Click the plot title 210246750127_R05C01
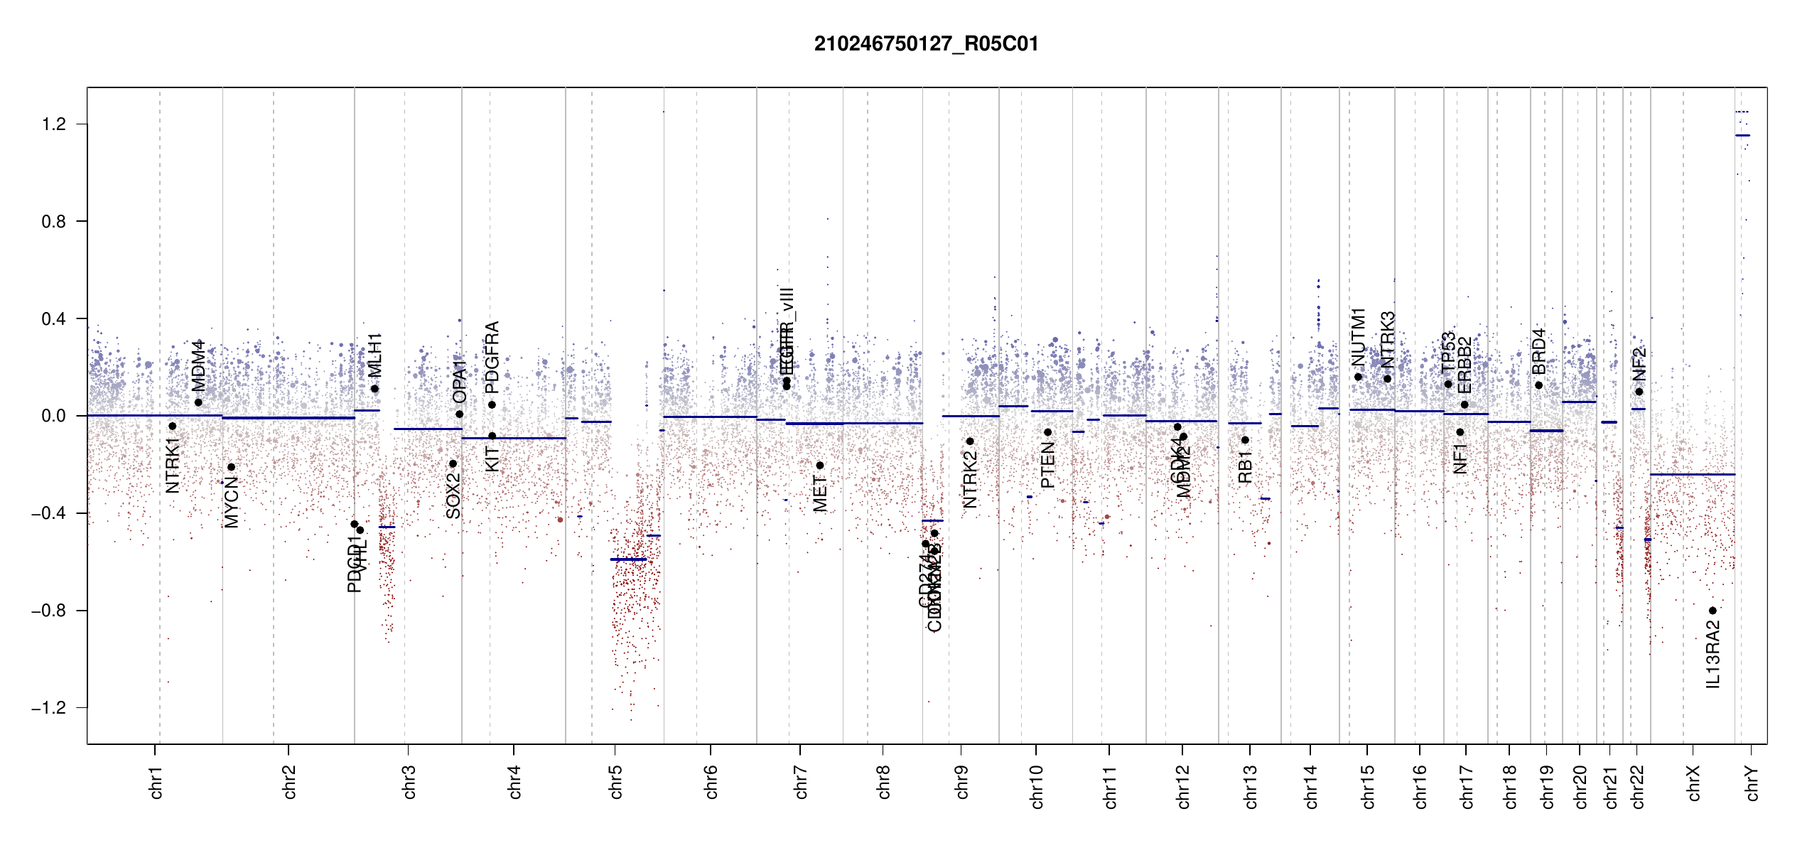[x=926, y=44]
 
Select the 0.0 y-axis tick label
[x=54, y=416]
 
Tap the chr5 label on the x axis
[x=615, y=782]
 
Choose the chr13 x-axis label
[x=1251, y=786]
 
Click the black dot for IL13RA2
[x=1713, y=611]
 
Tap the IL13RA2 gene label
[x=1713, y=655]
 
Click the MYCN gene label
[x=232, y=503]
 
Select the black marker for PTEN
[x=1047, y=432]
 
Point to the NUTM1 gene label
[x=1359, y=337]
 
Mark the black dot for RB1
[x=1245, y=440]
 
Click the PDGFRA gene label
[x=492, y=358]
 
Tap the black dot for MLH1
[x=374, y=389]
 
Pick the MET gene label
[x=820, y=494]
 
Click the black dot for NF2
[x=1639, y=392]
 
